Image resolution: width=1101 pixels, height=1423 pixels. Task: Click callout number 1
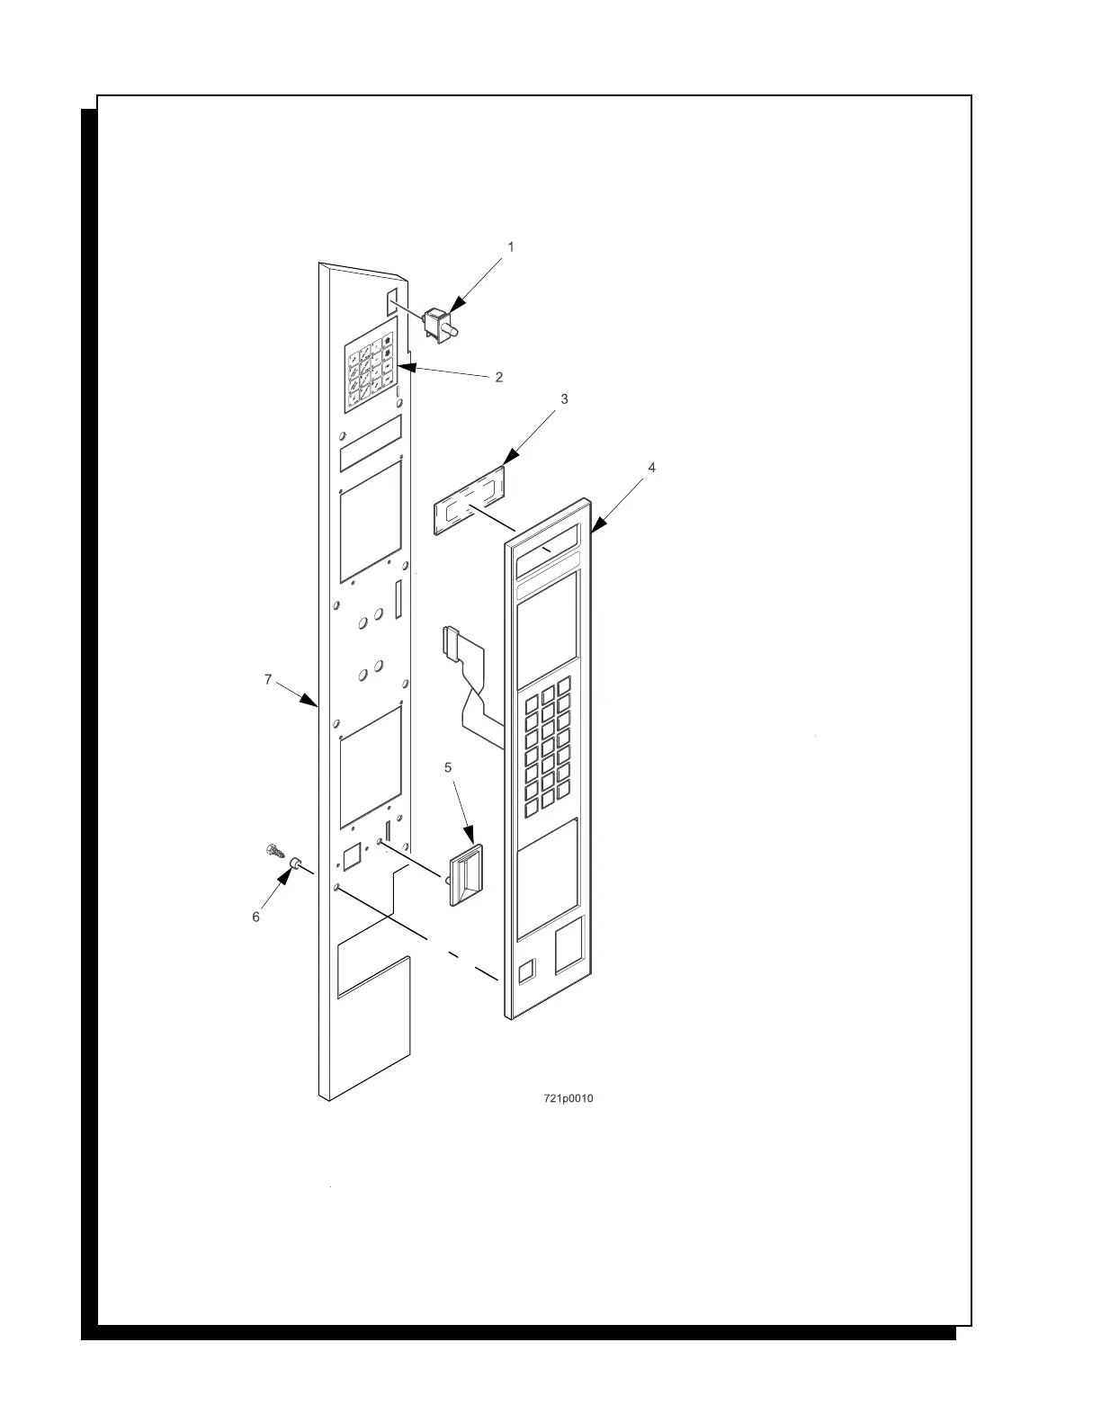tap(511, 246)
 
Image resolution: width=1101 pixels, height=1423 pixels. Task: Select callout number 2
tap(499, 377)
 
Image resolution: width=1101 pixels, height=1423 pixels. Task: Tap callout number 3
tap(564, 398)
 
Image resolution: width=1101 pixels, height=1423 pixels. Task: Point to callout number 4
tap(651, 468)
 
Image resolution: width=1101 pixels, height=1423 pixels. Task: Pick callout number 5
tap(448, 767)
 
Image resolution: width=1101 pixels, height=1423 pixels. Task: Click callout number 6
tap(255, 917)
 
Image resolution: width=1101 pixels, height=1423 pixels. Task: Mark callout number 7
tap(268, 680)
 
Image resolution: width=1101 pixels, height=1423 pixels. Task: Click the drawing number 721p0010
tap(568, 1099)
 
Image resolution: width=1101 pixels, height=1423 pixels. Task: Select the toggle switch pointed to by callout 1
tap(442, 324)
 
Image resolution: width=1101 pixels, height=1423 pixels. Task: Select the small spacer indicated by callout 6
tap(293, 864)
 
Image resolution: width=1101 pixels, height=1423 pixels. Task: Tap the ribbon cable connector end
tap(449, 642)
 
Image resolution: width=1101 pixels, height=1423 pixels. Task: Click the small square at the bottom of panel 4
tap(527, 969)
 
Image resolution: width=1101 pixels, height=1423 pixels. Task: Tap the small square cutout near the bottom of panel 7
tap(352, 856)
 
